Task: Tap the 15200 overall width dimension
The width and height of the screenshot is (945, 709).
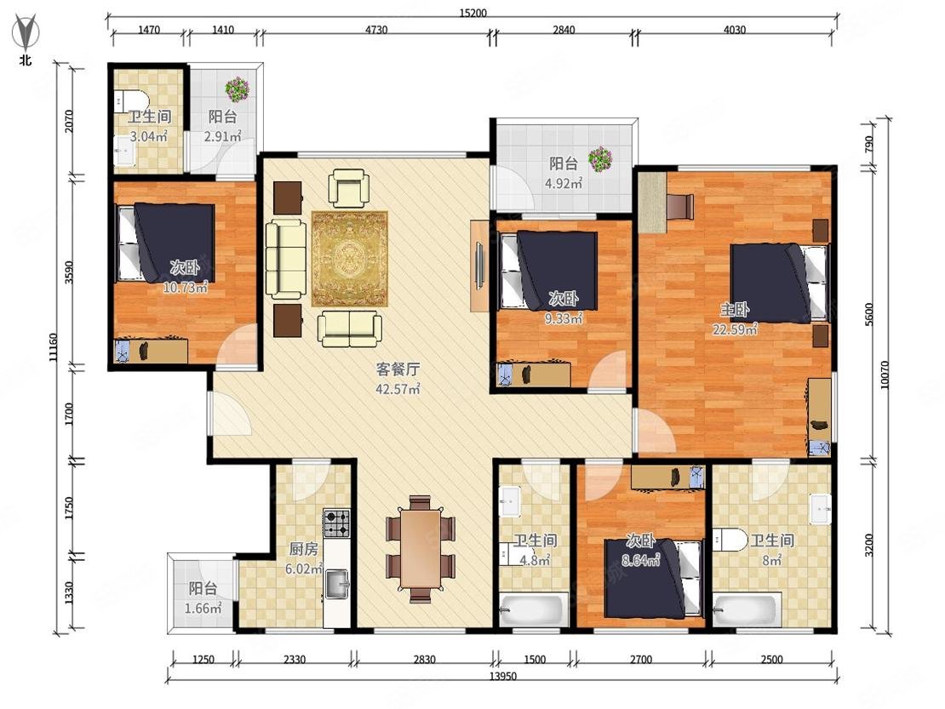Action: (473, 13)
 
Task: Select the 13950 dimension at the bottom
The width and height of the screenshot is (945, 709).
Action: (502, 676)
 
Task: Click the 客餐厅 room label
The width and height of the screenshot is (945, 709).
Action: (398, 369)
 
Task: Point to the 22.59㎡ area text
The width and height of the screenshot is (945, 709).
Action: (735, 329)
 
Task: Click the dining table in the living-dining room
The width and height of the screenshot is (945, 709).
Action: (420, 548)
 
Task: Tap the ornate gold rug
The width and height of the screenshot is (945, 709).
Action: (350, 259)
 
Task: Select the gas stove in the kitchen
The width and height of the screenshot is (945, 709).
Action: (337, 523)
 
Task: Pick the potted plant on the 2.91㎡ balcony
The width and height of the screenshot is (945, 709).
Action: (237, 89)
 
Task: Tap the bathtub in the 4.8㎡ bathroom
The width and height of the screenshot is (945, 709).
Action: (533, 610)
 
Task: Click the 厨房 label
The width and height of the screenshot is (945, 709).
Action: (303, 549)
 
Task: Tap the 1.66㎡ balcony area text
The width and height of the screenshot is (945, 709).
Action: (203, 609)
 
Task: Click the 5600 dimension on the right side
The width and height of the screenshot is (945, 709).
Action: (868, 314)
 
